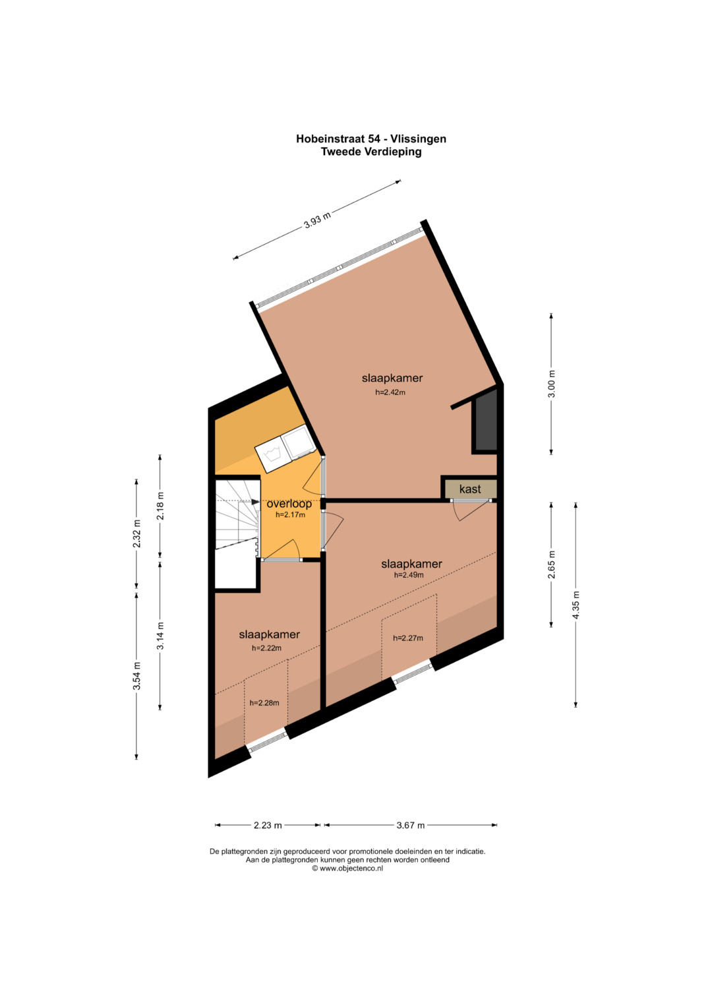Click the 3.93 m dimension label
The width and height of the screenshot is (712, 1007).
[317, 220]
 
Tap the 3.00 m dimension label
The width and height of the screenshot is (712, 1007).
[552, 383]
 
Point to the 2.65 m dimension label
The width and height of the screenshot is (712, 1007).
[552, 565]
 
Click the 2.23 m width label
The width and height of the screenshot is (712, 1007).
[268, 825]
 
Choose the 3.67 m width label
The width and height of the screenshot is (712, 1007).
[410, 825]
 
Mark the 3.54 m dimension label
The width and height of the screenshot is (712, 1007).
[137, 676]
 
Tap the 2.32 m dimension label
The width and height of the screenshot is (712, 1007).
[137, 534]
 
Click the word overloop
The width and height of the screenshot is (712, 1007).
[289, 504]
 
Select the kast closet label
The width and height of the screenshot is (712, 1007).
[470, 489]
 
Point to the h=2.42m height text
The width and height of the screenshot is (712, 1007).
[390, 392]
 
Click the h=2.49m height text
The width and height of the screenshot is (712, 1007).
[409, 574]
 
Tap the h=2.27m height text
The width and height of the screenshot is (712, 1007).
[407, 638]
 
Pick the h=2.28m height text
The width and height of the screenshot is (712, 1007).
[264, 702]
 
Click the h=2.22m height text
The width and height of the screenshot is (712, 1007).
[266, 648]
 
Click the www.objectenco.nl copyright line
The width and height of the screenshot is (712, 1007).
[347, 868]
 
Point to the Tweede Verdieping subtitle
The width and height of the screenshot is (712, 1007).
[371, 152]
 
